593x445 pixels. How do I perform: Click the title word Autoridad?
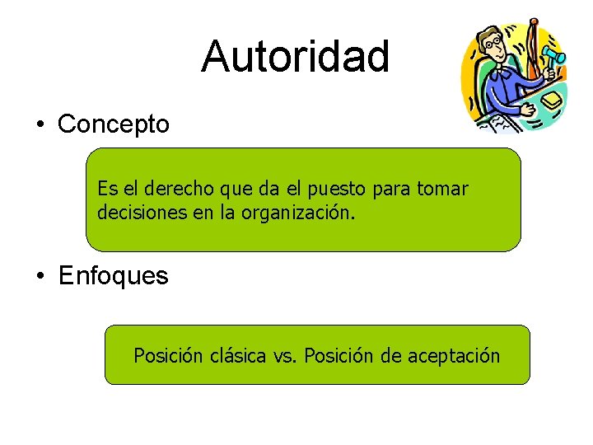click(295, 56)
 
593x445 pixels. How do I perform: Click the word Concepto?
click(114, 124)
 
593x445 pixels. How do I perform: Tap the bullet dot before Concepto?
click(40, 125)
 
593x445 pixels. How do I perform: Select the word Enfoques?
click(114, 275)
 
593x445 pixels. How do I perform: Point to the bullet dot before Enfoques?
click(40, 276)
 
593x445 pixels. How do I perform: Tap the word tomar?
click(443, 189)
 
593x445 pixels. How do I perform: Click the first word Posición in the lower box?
click(168, 356)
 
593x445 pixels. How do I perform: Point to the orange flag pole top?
click(535, 21)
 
